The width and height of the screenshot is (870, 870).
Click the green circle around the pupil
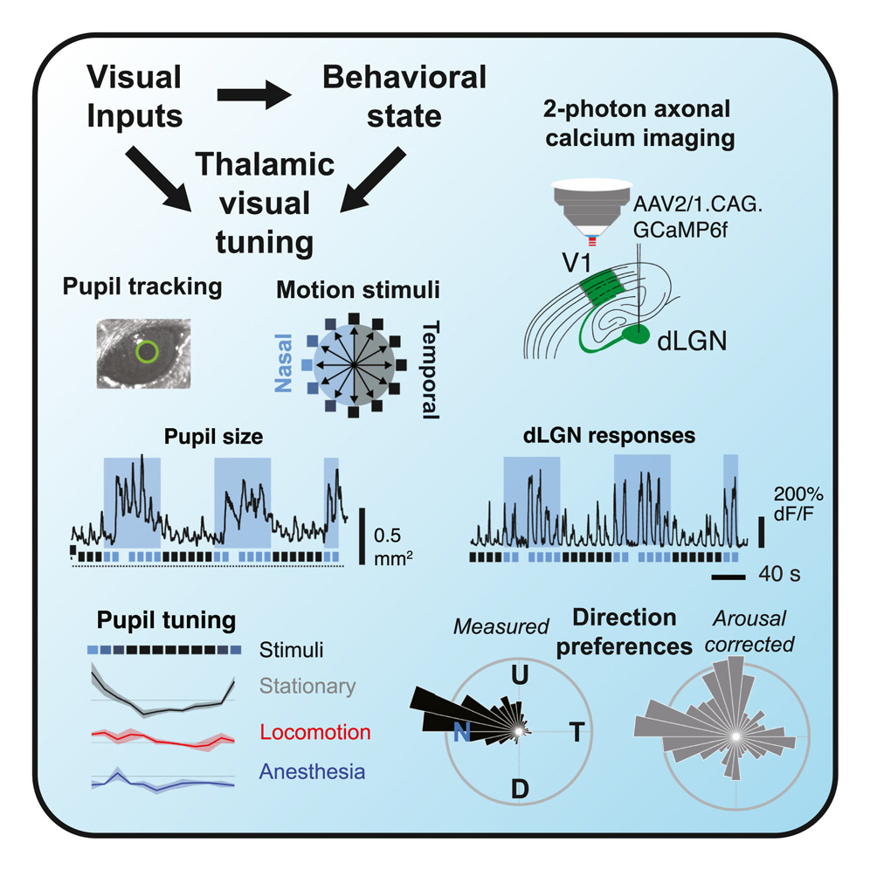coord(147,352)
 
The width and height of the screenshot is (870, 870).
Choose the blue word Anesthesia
coord(312,771)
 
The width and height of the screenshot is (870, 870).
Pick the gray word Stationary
coord(307,687)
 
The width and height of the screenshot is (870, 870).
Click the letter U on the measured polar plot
coord(519,675)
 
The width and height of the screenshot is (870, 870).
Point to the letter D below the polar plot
coord(520,790)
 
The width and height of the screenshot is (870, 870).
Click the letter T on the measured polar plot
coord(577,732)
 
